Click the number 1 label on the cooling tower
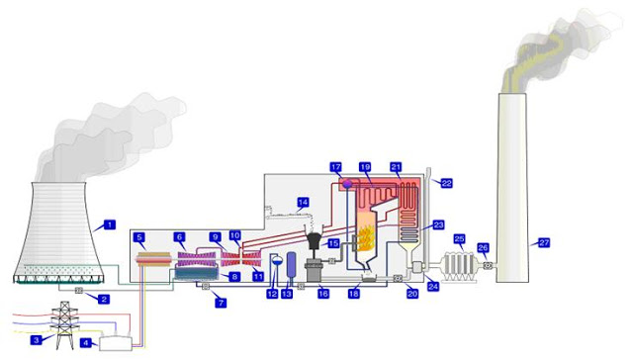(110, 225)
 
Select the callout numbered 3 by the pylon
(37, 339)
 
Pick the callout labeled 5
(141, 238)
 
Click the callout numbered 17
(335, 167)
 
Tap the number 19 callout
(365, 167)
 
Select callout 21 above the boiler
(397, 167)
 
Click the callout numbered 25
(459, 238)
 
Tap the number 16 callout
(323, 294)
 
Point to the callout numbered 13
(288, 294)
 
